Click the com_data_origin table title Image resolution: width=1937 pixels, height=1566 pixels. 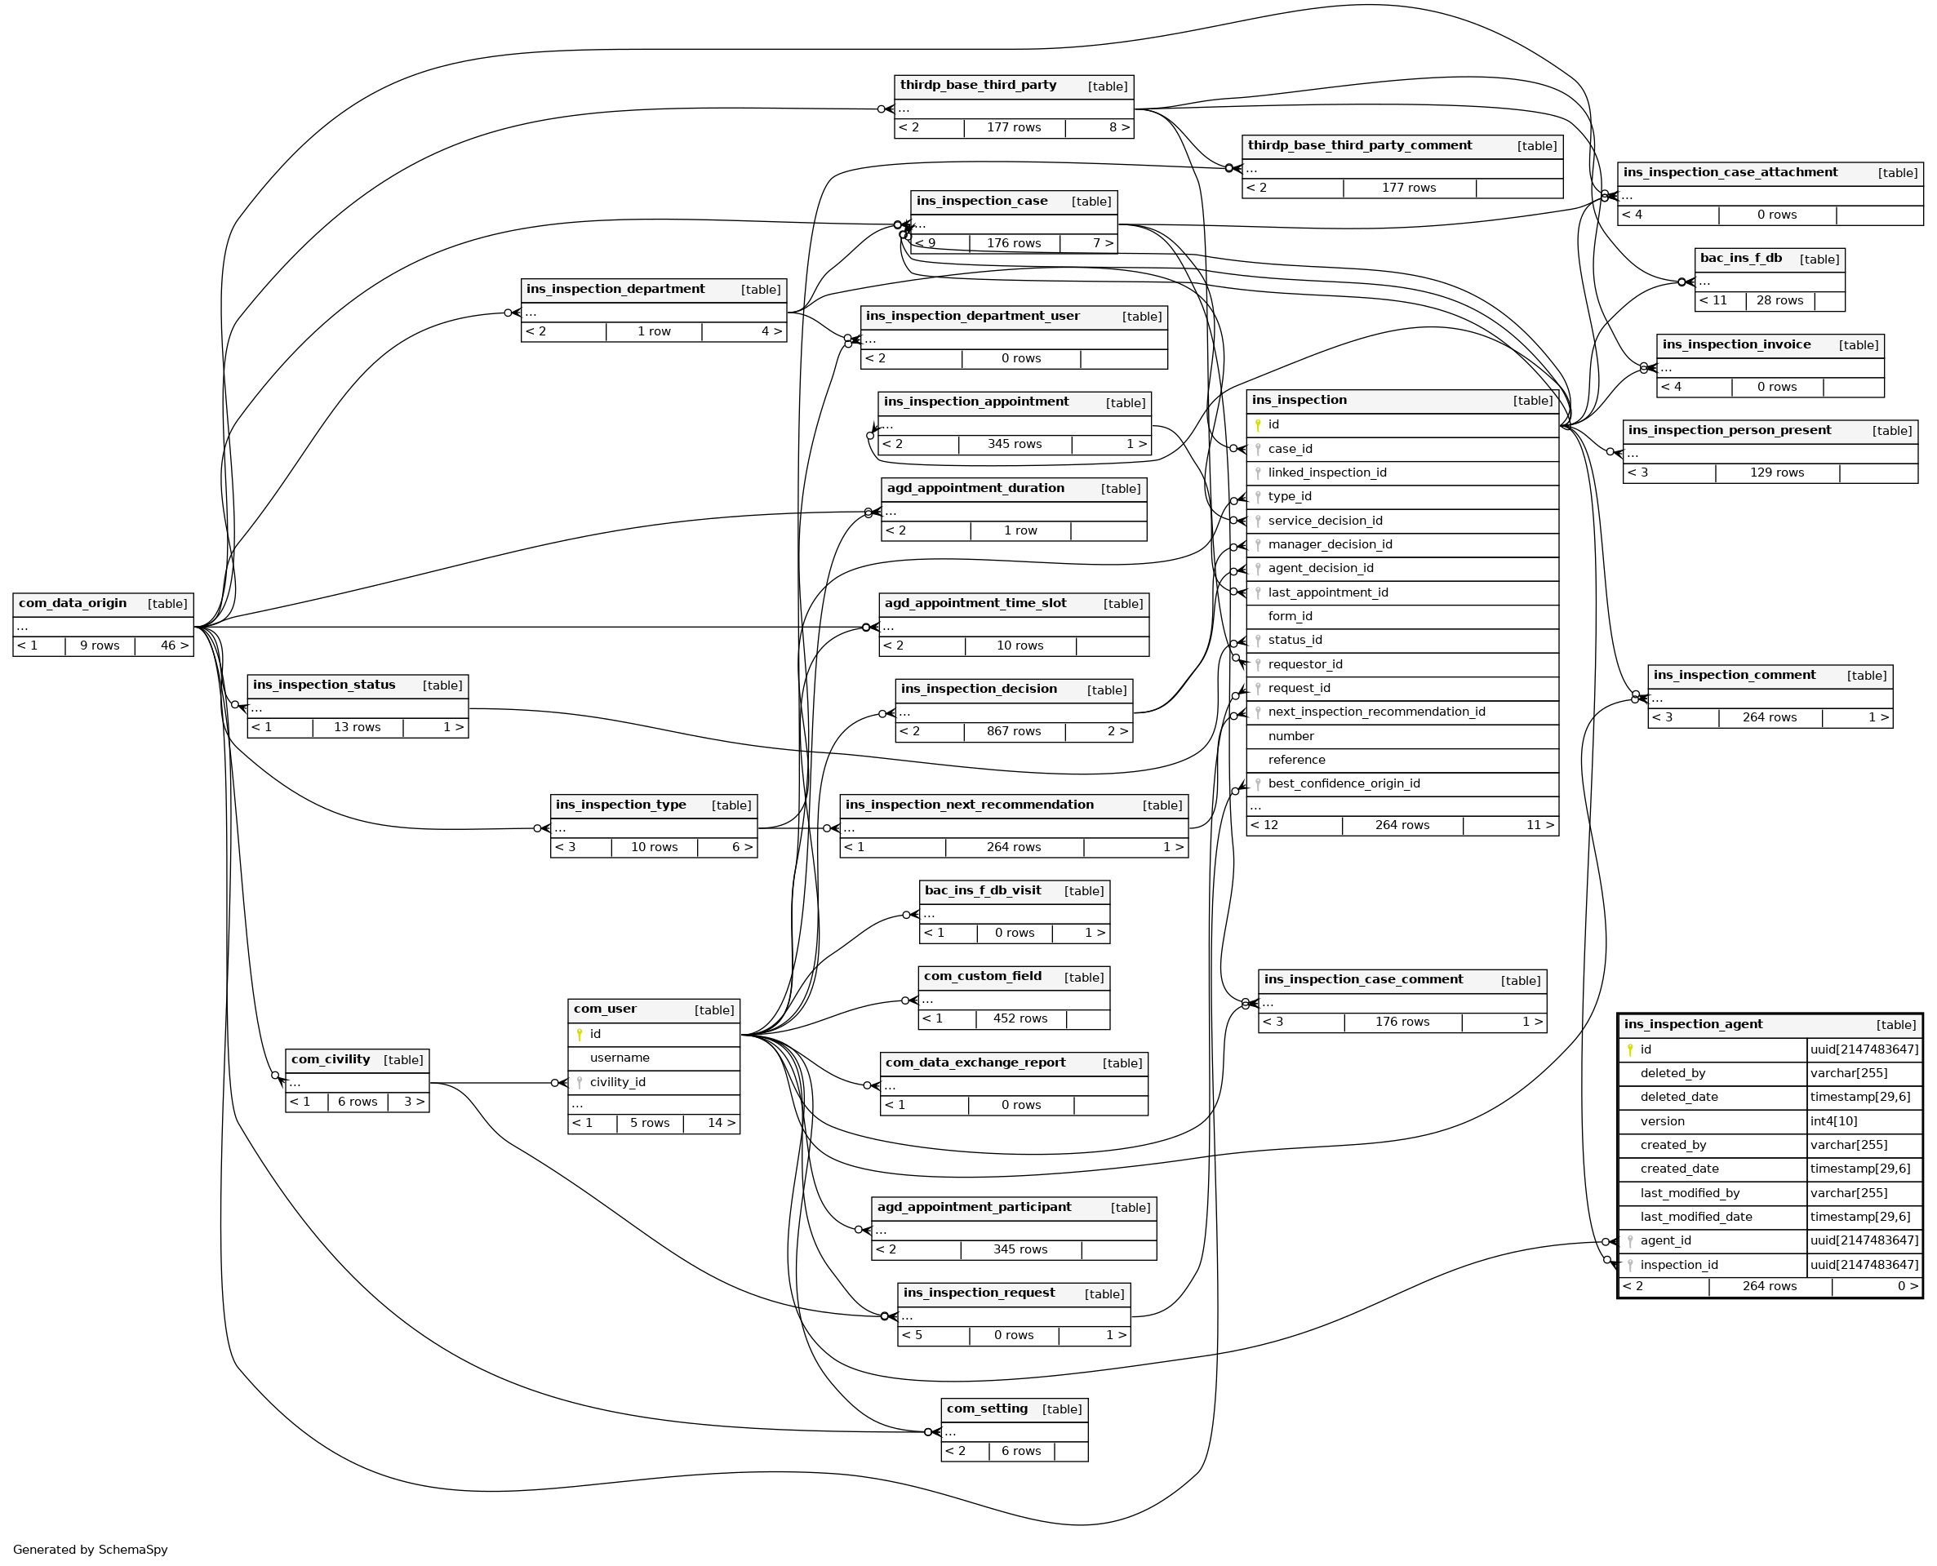[x=72, y=604]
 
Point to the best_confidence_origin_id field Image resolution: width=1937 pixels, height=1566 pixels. [x=1344, y=784]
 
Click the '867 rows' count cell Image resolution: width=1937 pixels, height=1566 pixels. [x=1013, y=731]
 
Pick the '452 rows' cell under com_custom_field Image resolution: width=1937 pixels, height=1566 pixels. [x=1020, y=1019]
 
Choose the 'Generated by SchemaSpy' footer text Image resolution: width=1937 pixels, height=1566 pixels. [x=91, y=1550]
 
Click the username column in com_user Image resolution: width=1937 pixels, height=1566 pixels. [x=619, y=1058]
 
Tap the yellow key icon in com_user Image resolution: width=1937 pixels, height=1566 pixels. [x=580, y=1035]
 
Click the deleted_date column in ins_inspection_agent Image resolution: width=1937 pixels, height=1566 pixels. [x=1678, y=1098]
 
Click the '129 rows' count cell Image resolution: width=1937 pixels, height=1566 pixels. [x=1776, y=472]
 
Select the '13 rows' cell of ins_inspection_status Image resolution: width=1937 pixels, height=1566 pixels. [x=358, y=727]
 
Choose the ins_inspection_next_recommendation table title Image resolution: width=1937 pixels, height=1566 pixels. [x=969, y=805]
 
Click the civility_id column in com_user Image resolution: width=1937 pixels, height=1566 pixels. [x=617, y=1082]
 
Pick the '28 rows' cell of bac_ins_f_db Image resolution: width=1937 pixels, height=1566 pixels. [x=1779, y=300]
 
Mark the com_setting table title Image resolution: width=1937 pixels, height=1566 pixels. [x=987, y=1409]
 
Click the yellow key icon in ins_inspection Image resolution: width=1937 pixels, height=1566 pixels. [x=1258, y=425]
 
